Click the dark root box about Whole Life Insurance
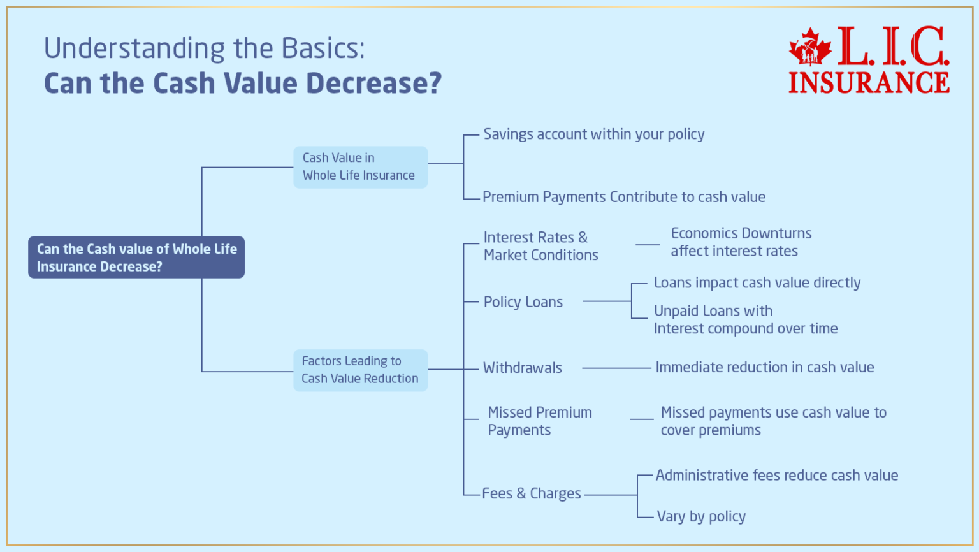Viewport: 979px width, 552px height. tap(136, 258)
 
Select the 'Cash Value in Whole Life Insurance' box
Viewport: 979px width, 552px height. tap(360, 167)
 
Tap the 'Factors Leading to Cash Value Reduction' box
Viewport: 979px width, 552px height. tap(360, 370)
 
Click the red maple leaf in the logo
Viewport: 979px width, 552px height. tap(809, 47)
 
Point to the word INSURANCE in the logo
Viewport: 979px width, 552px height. tap(869, 83)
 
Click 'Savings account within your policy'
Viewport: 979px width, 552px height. tap(593, 134)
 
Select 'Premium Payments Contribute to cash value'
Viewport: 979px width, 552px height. tap(623, 197)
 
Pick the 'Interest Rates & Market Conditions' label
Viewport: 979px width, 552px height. tap(540, 246)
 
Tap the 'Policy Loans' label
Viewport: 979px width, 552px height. tap(523, 302)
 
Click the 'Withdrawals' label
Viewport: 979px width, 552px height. tap(522, 368)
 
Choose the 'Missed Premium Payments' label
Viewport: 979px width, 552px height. tap(539, 421)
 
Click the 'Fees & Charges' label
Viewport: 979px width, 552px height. tap(531, 493)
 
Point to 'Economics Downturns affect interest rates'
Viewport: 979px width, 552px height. tap(741, 242)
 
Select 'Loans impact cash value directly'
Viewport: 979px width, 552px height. tap(757, 283)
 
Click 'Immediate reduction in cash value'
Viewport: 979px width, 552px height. tap(764, 368)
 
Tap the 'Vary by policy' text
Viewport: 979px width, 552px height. tap(700, 516)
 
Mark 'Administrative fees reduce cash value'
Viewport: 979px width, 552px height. tap(776, 476)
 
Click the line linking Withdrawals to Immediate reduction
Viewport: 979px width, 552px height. tap(616, 368)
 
